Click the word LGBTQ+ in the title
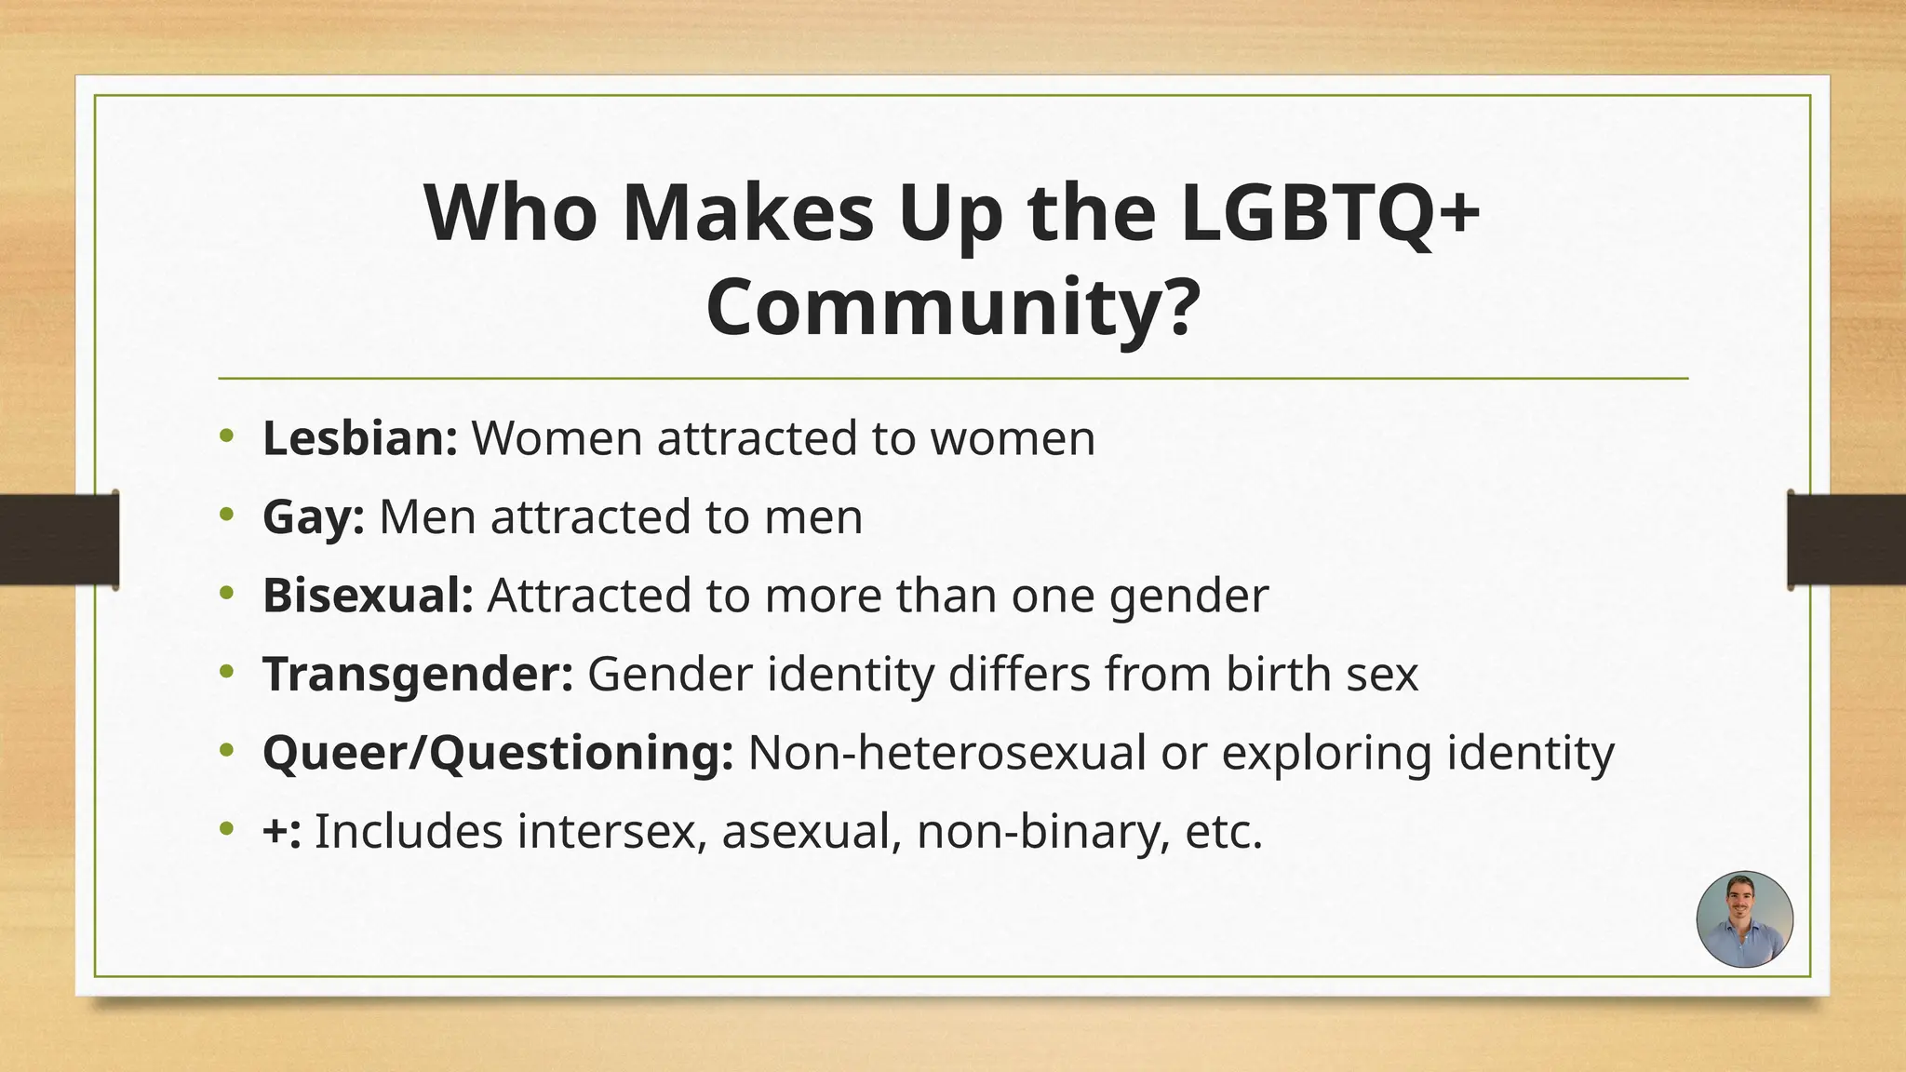1331,213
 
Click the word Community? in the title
951,308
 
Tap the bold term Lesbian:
359,438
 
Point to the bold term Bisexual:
369,596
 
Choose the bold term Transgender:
418,675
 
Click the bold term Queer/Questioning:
498,753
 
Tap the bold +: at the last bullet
282,831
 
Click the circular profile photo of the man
1744,919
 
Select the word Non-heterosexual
946,753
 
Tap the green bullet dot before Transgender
227,672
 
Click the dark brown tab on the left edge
59,540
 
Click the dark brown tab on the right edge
1846,540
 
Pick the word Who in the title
511,213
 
